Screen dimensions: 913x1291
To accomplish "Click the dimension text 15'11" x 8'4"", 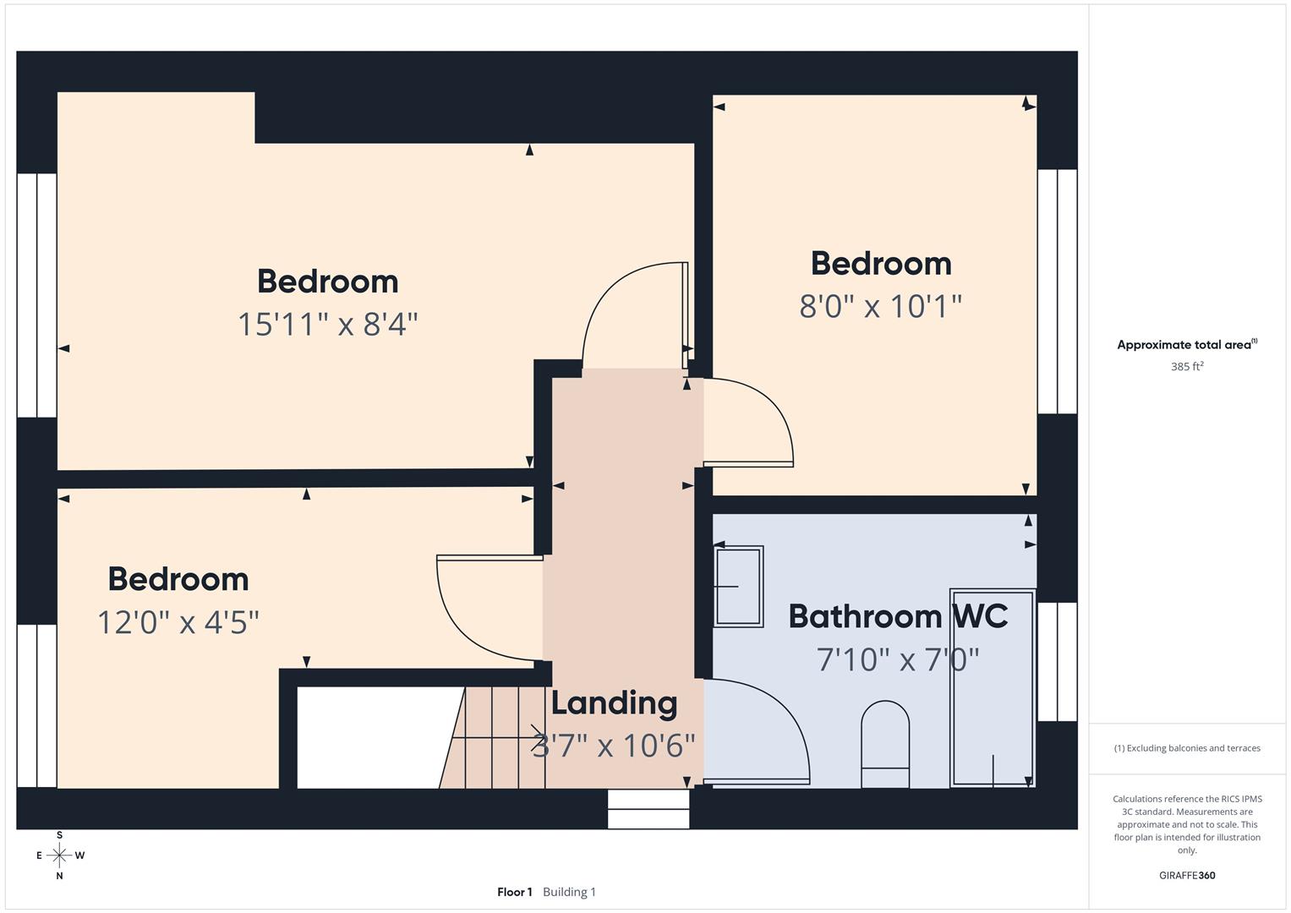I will tap(327, 324).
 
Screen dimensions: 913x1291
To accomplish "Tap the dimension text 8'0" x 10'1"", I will tap(880, 306).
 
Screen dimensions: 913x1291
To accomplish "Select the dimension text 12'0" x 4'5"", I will tap(178, 623).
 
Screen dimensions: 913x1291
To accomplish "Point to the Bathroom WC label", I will tap(898, 616).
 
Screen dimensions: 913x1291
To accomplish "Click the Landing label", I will tap(614, 703).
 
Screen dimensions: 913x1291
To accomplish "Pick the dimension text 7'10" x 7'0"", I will tap(898, 659).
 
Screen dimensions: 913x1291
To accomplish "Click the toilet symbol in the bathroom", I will tap(884, 744).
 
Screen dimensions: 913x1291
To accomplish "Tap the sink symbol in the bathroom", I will tap(738, 586).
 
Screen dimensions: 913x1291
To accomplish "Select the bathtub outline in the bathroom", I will tap(993, 688).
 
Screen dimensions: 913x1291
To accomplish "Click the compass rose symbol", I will tap(59, 856).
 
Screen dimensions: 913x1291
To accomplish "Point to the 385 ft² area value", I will tap(1187, 367).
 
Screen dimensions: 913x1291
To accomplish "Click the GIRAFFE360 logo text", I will tap(1187, 876).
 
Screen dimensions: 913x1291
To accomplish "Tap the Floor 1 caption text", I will tap(514, 892).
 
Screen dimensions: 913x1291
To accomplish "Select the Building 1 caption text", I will tap(569, 892).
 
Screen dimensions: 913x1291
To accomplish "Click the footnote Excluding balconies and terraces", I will tap(1187, 748).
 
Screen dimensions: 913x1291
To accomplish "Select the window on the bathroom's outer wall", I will tap(1057, 662).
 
